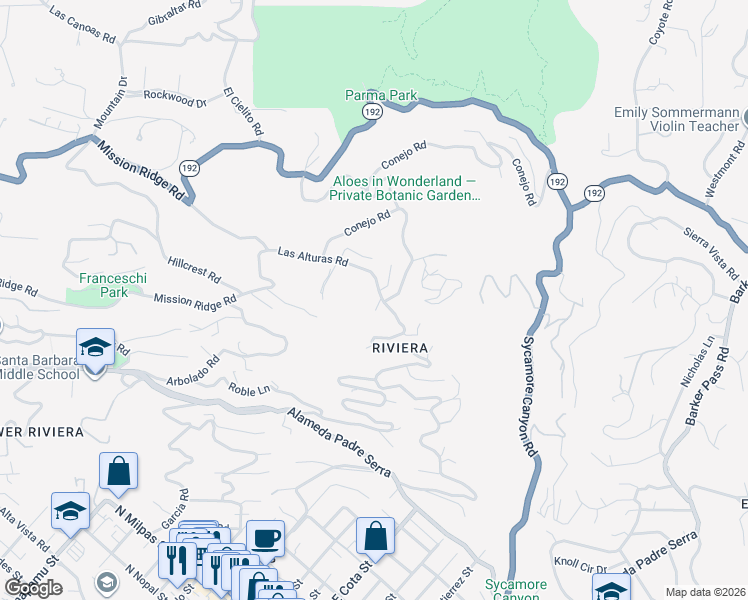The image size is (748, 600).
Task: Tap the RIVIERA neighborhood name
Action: click(400, 348)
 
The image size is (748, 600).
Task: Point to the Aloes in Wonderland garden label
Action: click(405, 189)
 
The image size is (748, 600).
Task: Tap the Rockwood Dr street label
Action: click(174, 98)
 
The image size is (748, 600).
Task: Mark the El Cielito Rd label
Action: click(244, 110)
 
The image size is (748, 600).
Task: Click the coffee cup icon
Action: click(265, 538)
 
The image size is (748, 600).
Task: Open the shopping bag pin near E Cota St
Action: click(375, 535)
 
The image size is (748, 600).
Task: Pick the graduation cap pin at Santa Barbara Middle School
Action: click(95, 347)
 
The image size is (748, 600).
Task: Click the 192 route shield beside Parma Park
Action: click(371, 112)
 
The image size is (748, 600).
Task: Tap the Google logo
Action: click(33, 589)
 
